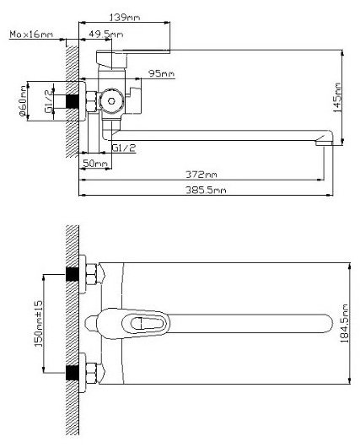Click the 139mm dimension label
click(125, 18)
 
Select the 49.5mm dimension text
click(105, 35)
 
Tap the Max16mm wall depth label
click(31, 35)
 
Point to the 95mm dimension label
click(161, 73)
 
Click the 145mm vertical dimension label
click(337, 98)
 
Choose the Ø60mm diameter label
click(23, 101)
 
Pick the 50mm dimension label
click(95, 164)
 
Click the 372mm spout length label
click(201, 174)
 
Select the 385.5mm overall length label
click(206, 190)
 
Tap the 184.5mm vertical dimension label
click(345, 323)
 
